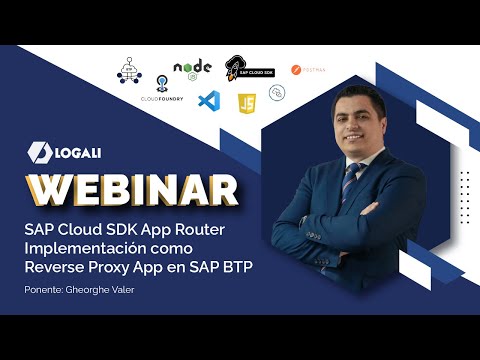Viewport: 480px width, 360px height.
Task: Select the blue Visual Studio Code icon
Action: tap(208, 101)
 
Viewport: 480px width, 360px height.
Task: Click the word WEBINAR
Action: tap(132, 188)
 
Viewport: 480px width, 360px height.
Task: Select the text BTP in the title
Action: tap(252, 266)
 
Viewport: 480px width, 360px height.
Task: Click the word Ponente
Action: tap(43, 290)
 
